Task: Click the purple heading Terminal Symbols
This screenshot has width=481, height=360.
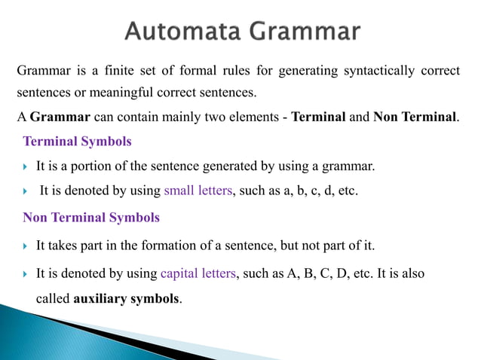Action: pos(77,141)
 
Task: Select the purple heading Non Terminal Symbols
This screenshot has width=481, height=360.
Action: pos(91,218)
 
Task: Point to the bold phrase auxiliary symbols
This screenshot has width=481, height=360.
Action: pos(127,298)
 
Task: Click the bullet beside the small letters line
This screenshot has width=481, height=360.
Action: pos(26,191)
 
